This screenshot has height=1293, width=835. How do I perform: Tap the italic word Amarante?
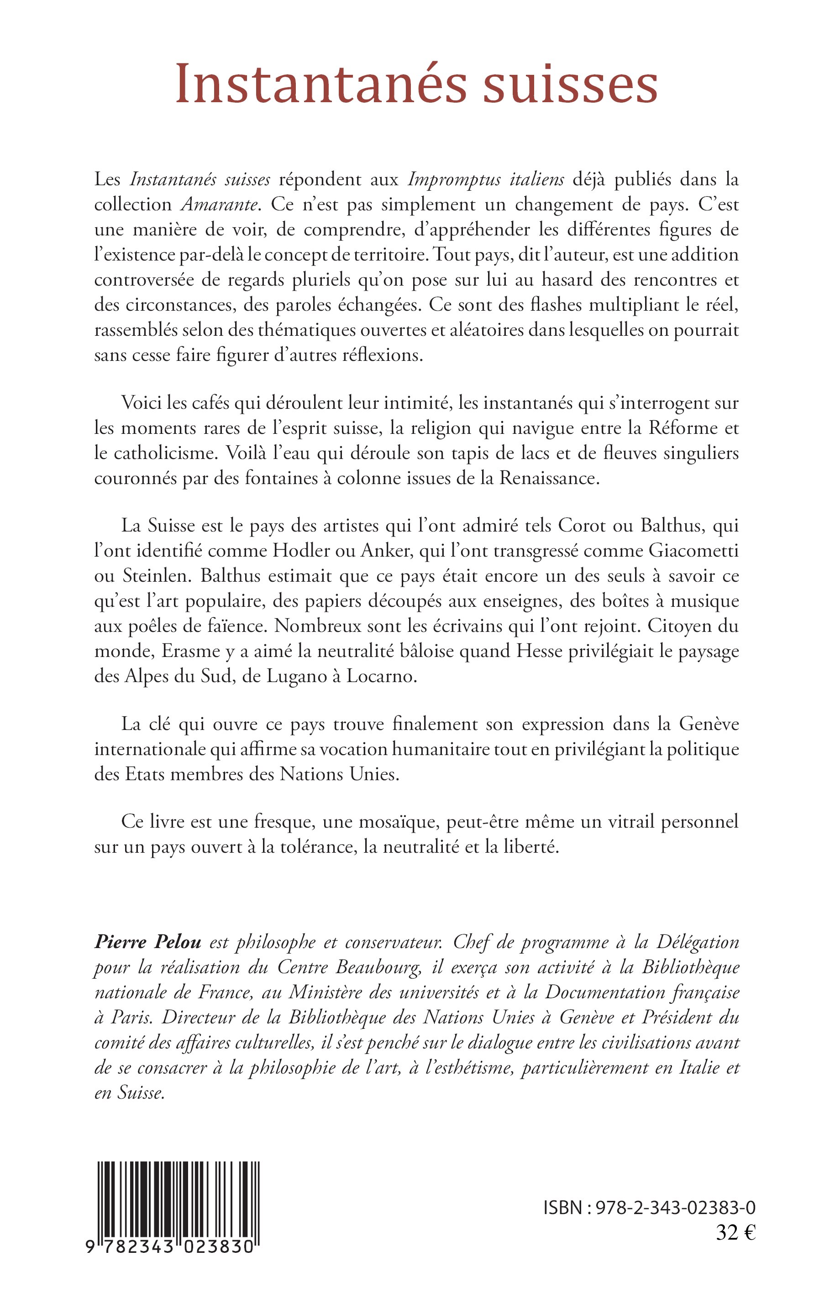click(x=222, y=205)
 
